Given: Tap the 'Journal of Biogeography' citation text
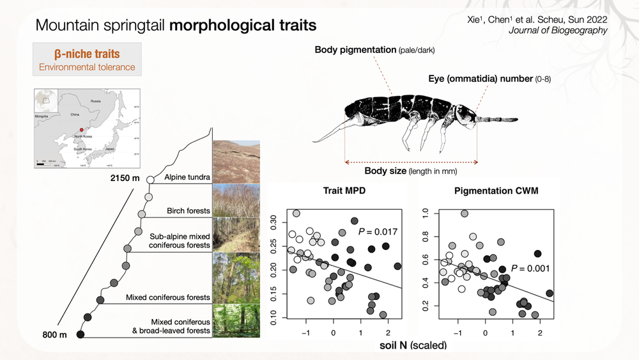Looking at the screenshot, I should point(558,30).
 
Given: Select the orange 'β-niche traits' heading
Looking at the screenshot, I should point(86,54).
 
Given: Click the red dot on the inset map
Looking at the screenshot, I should point(81,129).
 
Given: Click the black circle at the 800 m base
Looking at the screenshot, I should point(81,334).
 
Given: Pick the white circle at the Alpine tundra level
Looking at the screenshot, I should point(150,180).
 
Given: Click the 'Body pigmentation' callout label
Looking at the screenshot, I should point(355,49).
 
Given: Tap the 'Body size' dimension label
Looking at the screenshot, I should point(385,171).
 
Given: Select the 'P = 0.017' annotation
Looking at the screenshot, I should point(377,231).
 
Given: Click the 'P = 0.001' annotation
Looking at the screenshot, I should point(531,269).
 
